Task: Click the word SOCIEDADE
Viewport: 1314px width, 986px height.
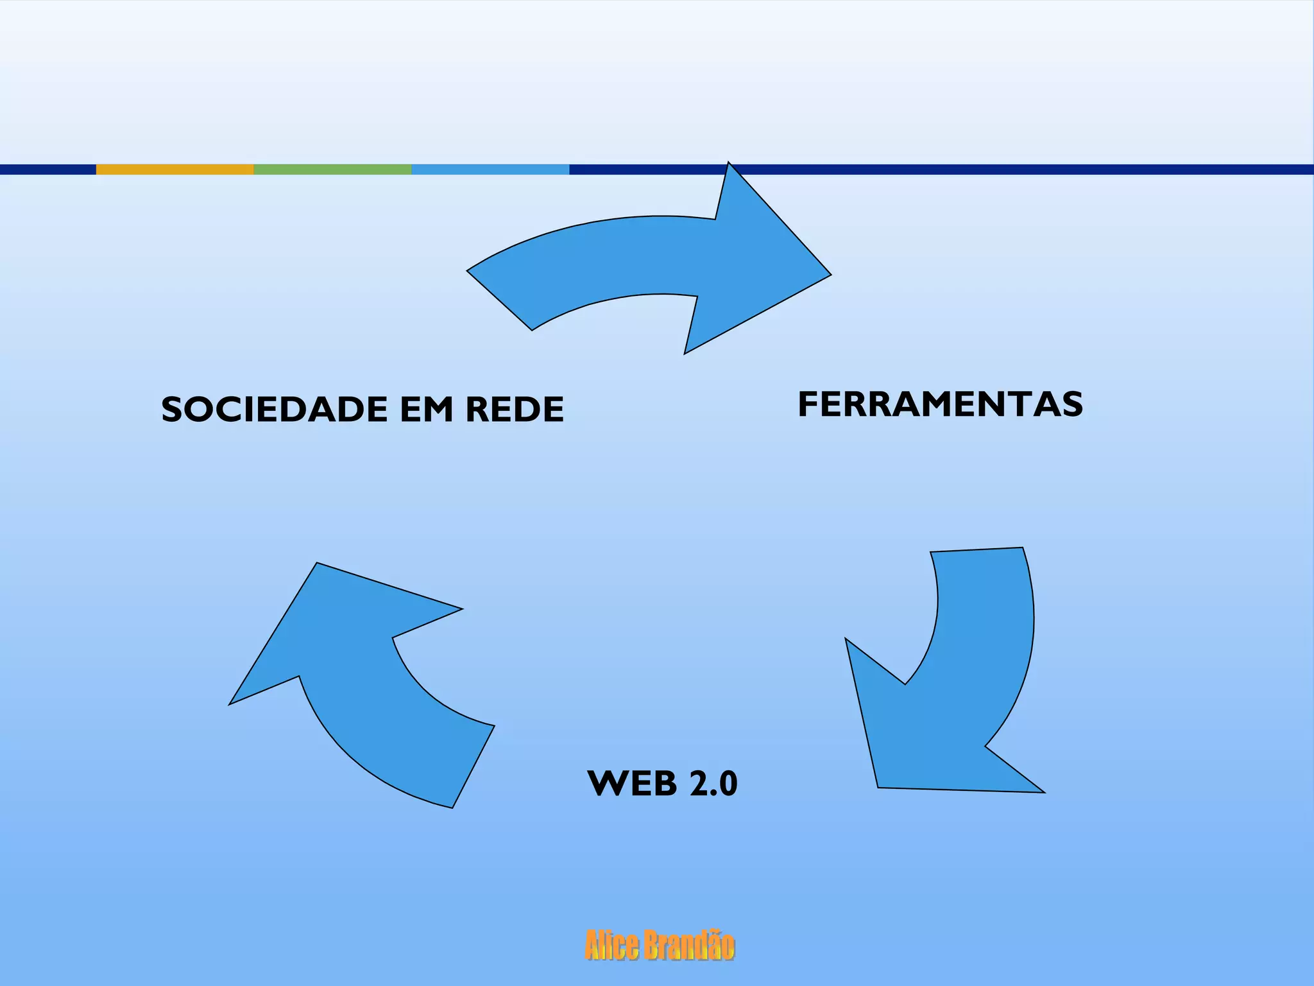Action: (275, 410)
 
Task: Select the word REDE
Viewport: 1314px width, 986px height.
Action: (515, 410)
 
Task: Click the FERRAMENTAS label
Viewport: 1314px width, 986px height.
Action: (940, 404)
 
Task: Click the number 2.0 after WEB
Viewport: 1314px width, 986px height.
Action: (713, 783)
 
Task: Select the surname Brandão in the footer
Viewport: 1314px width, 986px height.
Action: (688, 946)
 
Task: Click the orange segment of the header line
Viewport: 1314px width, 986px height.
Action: (175, 169)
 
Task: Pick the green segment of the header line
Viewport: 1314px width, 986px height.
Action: (332, 169)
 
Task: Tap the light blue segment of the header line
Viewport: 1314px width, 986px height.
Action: (490, 169)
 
